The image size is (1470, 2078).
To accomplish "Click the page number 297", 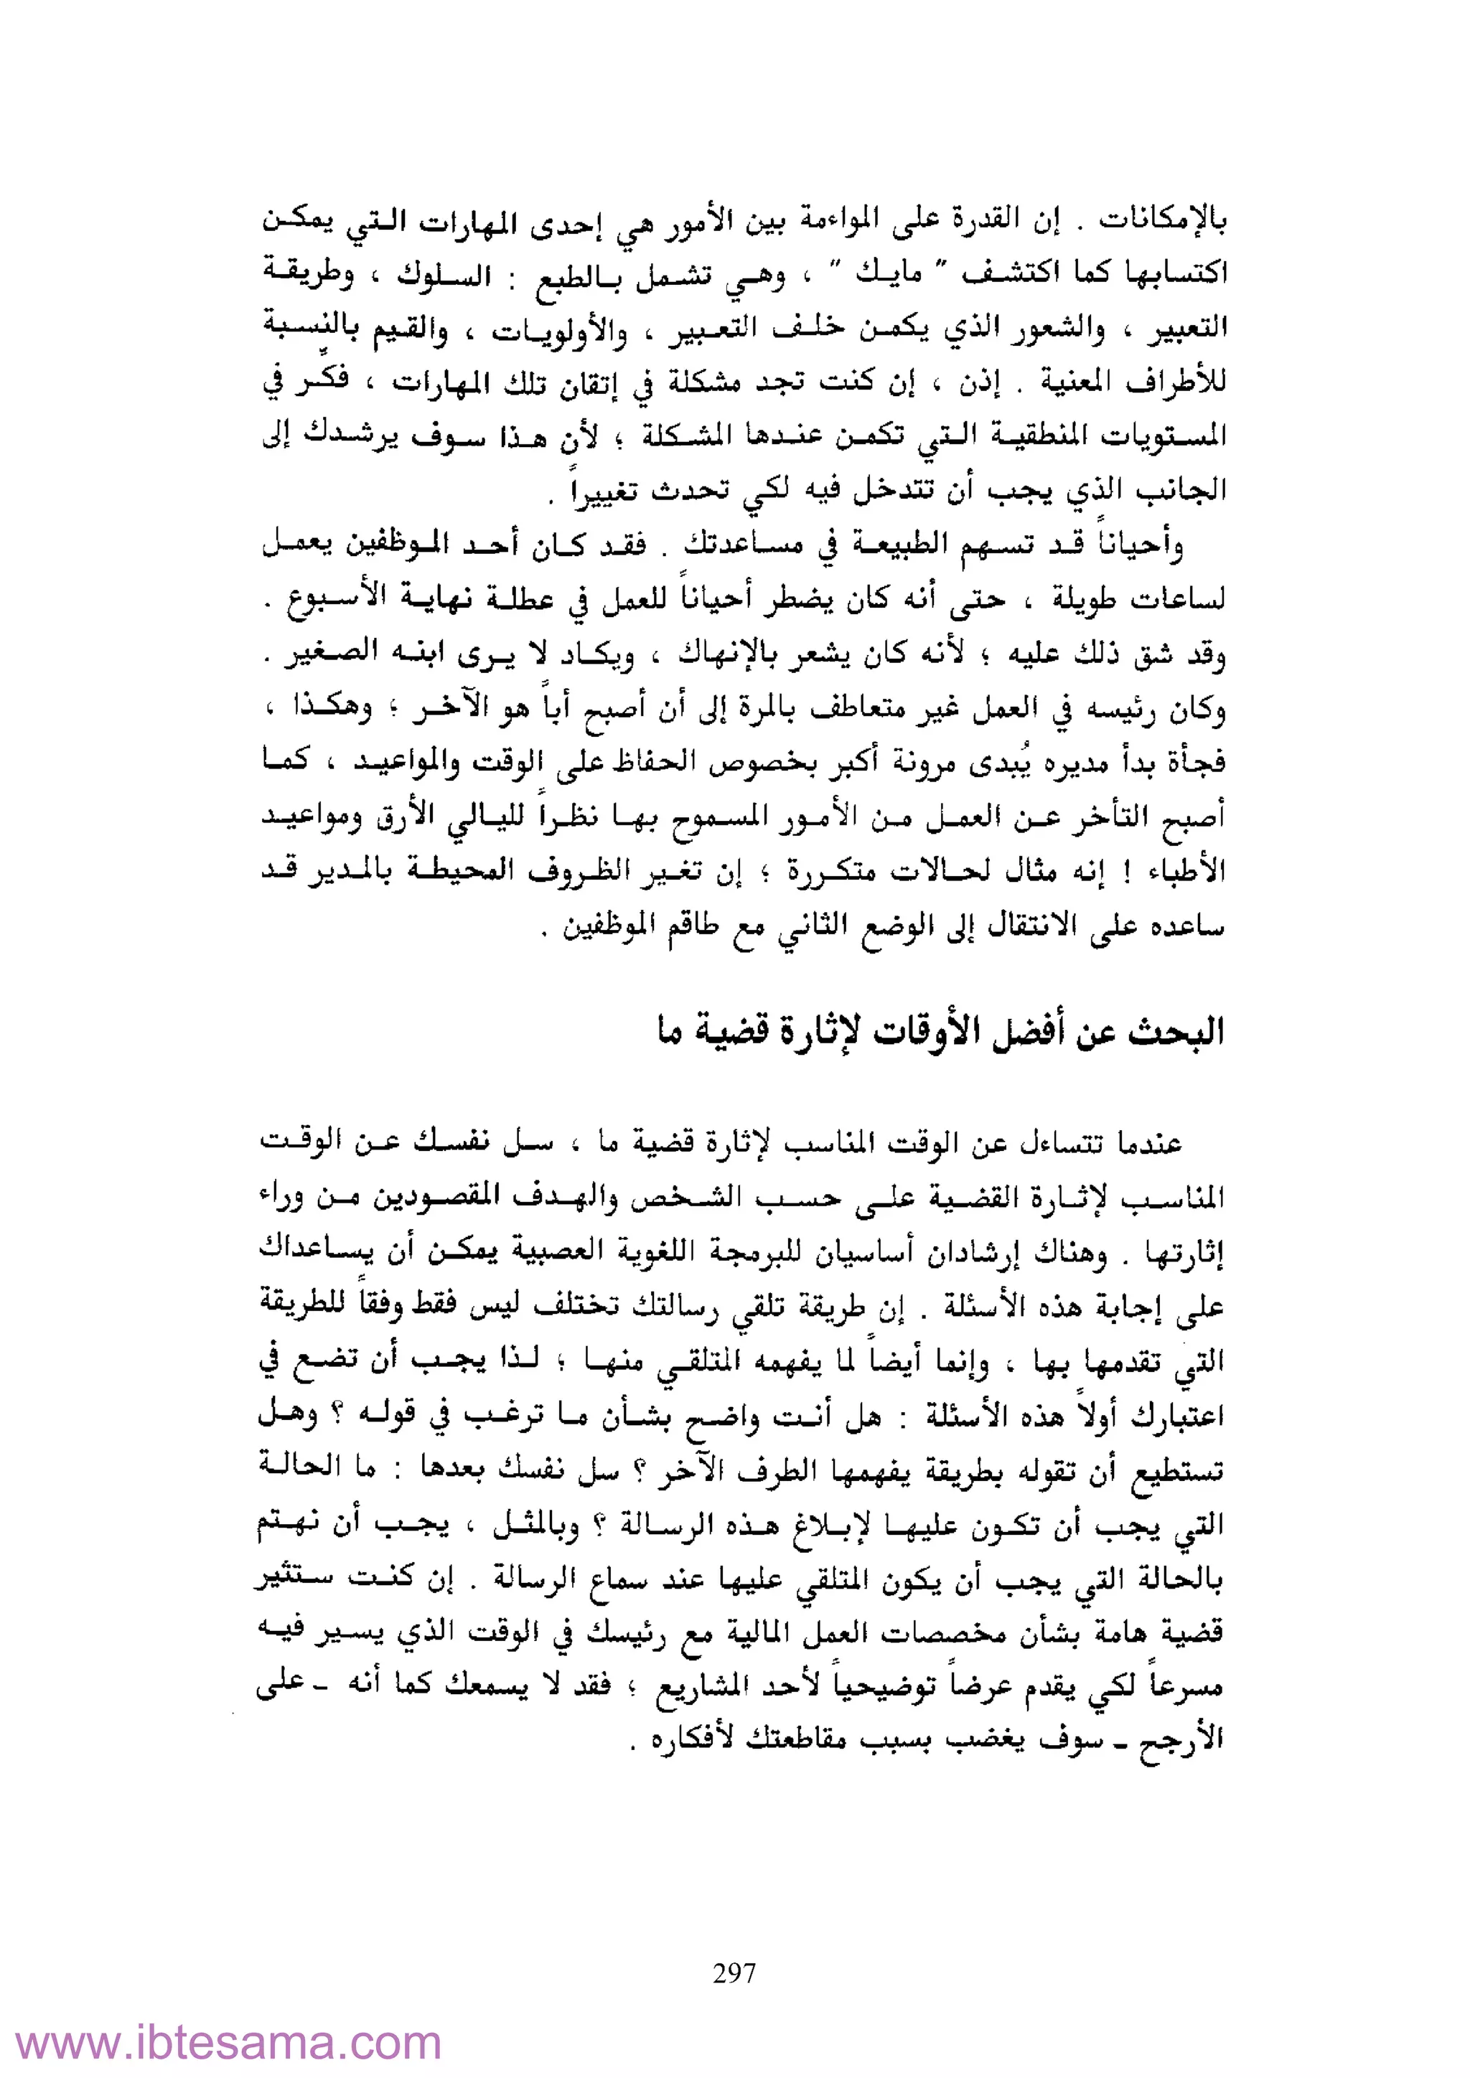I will [x=734, y=1972].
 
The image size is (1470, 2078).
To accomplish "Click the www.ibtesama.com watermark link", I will [x=229, y=2043].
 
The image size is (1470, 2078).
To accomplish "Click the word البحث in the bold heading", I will [x=1175, y=1032].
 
